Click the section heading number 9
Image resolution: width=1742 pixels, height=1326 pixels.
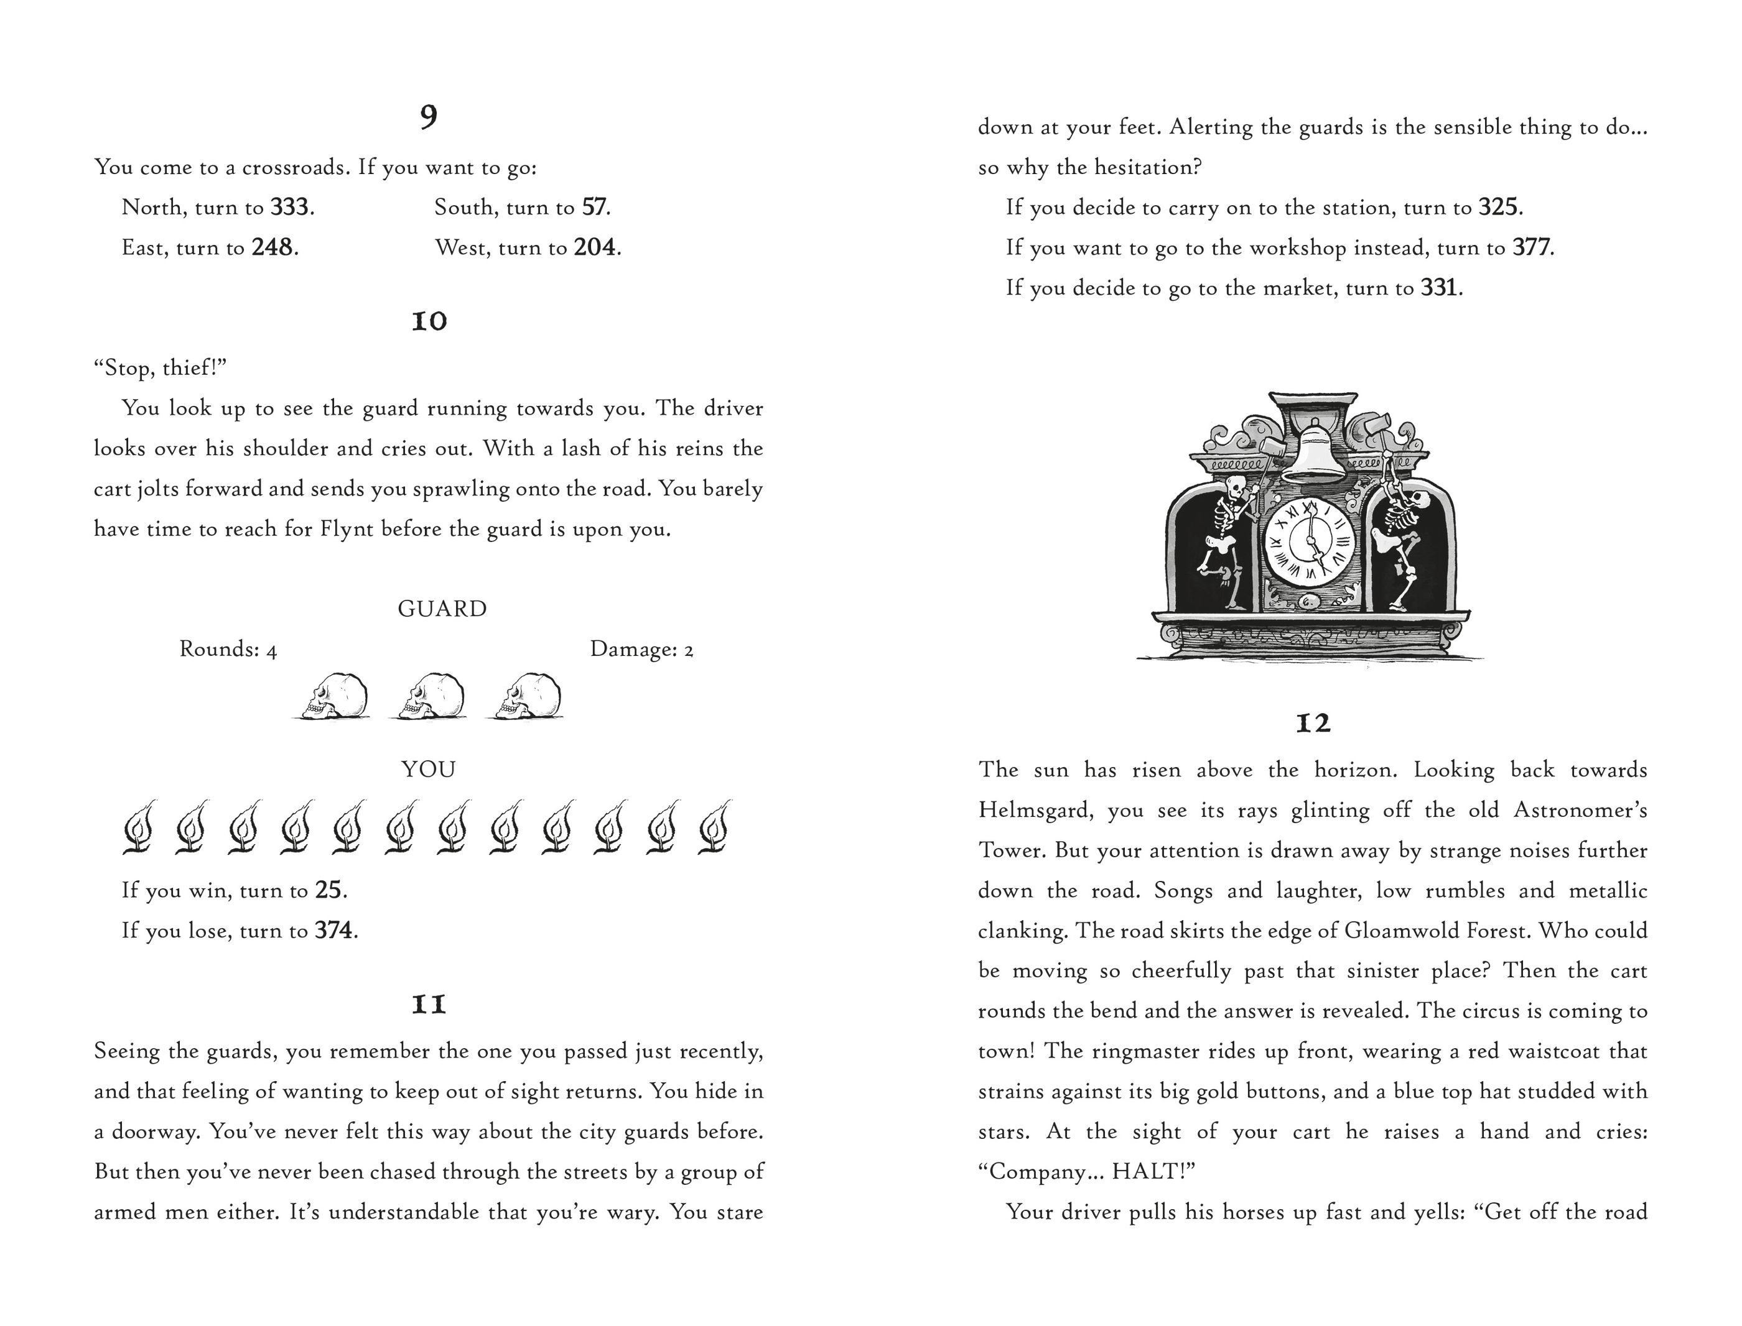428,117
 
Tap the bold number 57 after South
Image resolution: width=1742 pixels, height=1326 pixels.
595,208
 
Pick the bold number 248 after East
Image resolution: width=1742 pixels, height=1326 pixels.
273,248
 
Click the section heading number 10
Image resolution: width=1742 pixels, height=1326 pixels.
429,321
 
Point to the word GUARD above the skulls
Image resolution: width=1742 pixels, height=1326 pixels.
442,609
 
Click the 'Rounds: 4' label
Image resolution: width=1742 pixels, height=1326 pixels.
228,649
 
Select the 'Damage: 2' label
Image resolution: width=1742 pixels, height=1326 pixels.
641,650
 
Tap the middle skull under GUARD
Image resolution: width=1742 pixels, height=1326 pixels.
429,696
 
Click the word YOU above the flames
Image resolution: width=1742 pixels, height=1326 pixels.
429,770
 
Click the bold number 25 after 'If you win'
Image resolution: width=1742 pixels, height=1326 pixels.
328,890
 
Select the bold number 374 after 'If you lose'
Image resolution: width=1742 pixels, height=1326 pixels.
334,931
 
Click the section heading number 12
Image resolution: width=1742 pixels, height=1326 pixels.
1313,723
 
